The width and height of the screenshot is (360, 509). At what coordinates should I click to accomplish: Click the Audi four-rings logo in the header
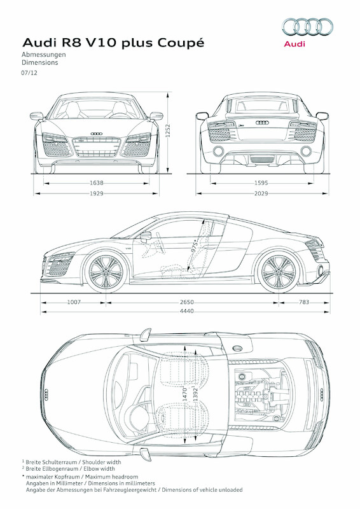(x=307, y=27)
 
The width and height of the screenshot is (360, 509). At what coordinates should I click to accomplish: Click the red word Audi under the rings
(x=294, y=44)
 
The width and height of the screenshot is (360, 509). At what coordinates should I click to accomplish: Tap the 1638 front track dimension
(x=97, y=183)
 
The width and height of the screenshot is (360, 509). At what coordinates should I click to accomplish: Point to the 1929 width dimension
(x=97, y=192)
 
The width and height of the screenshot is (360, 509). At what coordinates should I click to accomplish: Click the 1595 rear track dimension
(x=261, y=183)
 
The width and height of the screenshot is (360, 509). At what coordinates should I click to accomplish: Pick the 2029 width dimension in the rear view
(x=261, y=192)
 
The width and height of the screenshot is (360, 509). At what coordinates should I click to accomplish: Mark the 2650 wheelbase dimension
(x=186, y=302)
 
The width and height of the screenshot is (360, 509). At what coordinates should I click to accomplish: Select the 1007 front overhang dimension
(x=75, y=302)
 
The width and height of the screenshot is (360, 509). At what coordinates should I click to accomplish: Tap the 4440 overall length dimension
(x=186, y=311)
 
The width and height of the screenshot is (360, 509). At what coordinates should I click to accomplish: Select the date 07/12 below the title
(x=29, y=74)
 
